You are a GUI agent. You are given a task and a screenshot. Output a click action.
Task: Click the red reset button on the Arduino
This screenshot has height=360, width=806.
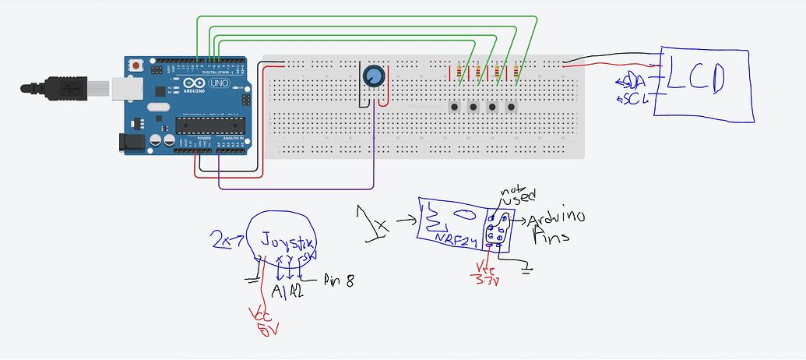point(138,64)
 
